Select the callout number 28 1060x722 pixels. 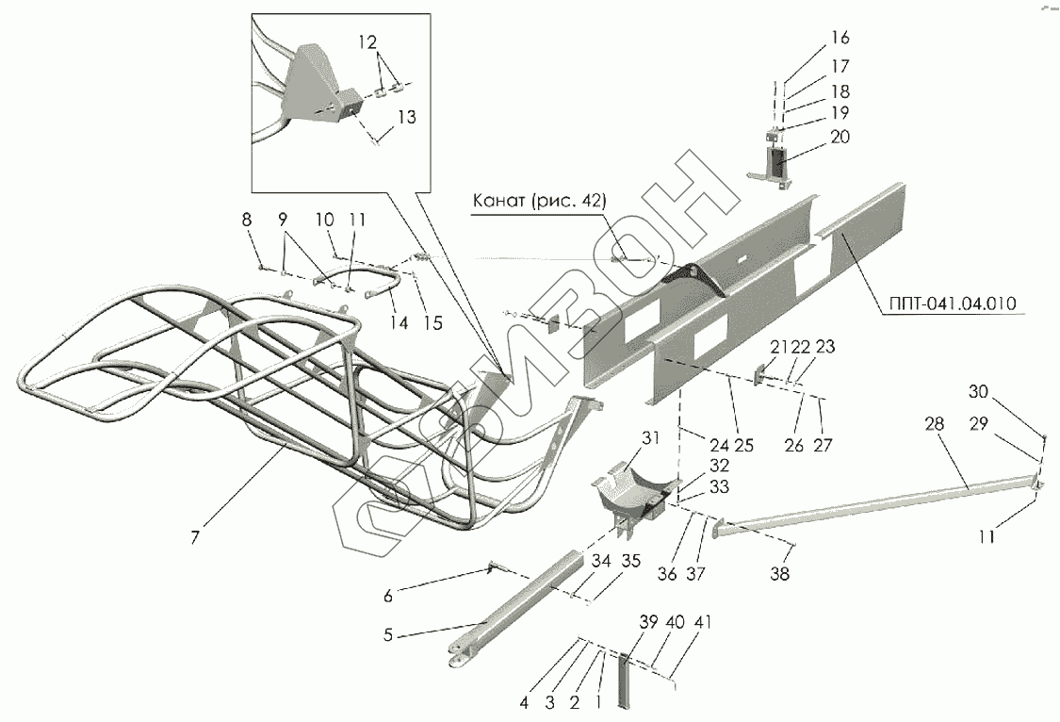(x=934, y=426)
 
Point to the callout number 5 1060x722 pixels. (x=388, y=634)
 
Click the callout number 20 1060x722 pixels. (x=840, y=137)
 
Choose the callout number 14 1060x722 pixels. (x=400, y=322)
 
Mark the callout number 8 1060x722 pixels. (x=247, y=220)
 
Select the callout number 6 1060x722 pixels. (x=387, y=596)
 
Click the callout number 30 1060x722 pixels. (x=980, y=392)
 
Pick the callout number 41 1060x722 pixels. (x=702, y=623)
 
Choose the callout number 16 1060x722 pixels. (x=840, y=38)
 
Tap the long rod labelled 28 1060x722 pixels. (x=876, y=504)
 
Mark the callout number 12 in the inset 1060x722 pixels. (x=367, y=42)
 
